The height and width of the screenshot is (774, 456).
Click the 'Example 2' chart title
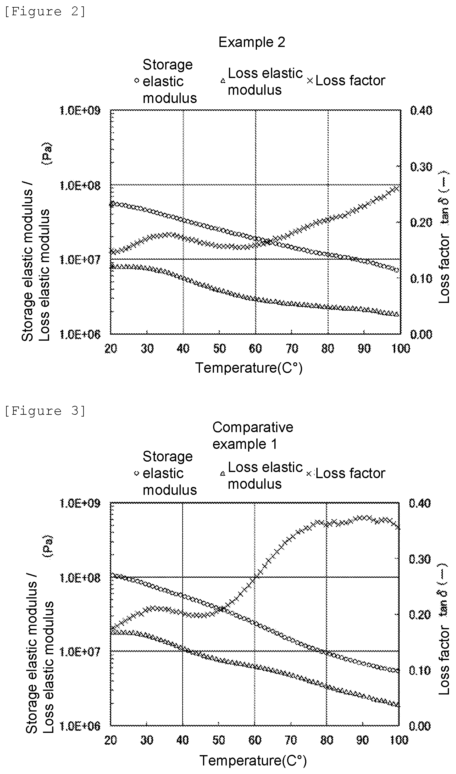point(252,42)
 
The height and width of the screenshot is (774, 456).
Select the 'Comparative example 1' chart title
point(253,435)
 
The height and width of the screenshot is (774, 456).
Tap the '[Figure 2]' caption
point(45,12)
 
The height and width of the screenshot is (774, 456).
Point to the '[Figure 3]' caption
point(45,411)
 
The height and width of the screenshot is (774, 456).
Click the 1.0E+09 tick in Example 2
point(80,110)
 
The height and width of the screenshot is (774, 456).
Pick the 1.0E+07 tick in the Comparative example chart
point(80,651)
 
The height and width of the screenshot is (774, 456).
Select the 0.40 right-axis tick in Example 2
point(421,110)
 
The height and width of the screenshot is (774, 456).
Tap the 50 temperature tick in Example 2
point(219,348)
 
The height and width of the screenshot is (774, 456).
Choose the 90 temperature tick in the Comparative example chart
point(363,740)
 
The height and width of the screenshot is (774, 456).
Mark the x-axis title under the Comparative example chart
point(253,761)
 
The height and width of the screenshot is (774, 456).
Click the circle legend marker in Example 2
point(137,81)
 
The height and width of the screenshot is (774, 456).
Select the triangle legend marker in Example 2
point(223,81)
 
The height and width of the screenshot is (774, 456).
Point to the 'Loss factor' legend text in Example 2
point(350,80)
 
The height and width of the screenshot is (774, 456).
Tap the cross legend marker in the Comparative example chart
point(309,474)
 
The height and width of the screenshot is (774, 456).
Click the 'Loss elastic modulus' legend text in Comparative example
point(265,475)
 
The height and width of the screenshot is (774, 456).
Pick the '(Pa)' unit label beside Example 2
point(47,154)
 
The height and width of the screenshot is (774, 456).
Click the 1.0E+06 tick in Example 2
point(80,334)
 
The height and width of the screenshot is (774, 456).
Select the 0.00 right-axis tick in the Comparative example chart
point(420,726)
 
